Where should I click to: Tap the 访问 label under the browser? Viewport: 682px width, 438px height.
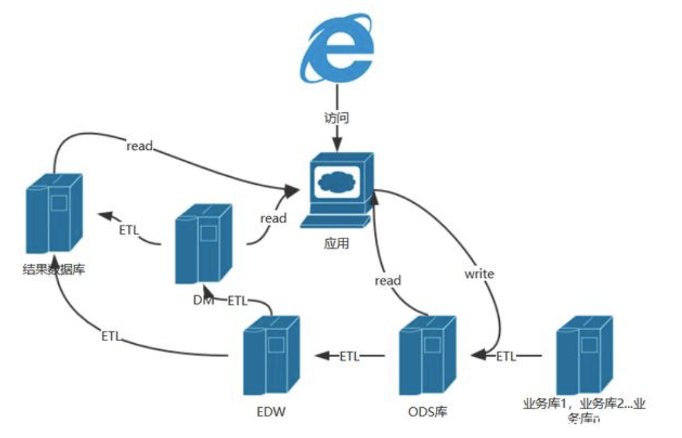336,118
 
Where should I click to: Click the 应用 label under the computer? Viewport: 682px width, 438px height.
337,245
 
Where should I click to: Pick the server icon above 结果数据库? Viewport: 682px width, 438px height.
54,213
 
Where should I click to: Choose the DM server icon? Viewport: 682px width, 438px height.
203,244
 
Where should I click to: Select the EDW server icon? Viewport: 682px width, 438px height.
271,355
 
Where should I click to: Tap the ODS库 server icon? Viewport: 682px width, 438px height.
426,355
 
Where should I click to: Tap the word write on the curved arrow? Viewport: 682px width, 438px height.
479,274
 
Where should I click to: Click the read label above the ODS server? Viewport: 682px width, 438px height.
387,280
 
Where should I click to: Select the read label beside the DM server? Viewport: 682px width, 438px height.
273,218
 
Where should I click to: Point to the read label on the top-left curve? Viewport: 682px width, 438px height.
139,146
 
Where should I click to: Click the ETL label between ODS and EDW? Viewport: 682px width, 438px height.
350,355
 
